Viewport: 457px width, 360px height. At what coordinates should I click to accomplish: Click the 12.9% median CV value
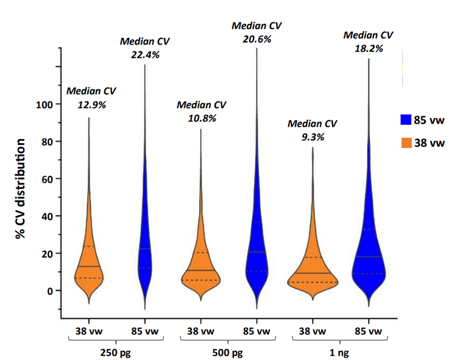tap(91, 104)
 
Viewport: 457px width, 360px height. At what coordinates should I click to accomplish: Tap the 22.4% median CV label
tap(144, 54)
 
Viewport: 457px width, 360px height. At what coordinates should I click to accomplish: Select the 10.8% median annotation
tap(202, 118)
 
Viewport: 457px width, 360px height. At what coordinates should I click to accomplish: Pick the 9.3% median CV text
tap(312, 137)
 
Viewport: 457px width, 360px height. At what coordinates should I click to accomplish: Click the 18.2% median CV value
tap(368, 48)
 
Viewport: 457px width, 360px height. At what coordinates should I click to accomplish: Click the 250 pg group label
tap(116, 353)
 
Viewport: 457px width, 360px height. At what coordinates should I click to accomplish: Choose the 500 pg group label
tap(228, 353)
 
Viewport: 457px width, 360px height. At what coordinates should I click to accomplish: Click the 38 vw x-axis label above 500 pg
tap(200, 332)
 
